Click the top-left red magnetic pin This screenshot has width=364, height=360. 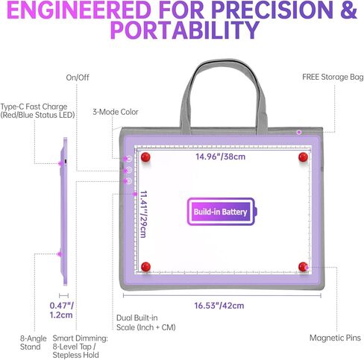tap(145, 157)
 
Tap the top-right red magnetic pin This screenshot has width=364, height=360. tap(303, 157)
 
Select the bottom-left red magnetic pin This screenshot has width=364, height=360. tap(145, 267)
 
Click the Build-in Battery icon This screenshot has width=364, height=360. tap(222, 212)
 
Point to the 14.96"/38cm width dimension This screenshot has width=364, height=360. tap(220, 157)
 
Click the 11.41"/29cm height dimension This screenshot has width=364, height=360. tap(143, 214)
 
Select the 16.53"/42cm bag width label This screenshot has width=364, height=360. tap(219, 306)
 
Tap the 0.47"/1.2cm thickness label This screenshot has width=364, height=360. tap(61, 310)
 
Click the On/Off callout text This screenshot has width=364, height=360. tap(78, 78)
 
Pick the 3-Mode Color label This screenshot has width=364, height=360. tap(116, 112)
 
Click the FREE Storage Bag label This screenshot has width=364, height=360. tap(333, 77)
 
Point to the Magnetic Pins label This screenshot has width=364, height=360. tap(335, 338)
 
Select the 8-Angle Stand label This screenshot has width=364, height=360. tap(34, 343)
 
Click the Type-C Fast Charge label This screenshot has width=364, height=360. tap(37, 111)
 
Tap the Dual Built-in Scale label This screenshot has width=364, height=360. tap(146, 323)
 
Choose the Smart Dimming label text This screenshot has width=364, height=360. tap(80, 347)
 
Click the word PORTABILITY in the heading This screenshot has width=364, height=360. tap(185, 30)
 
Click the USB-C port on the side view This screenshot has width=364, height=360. tap(66, 162)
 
